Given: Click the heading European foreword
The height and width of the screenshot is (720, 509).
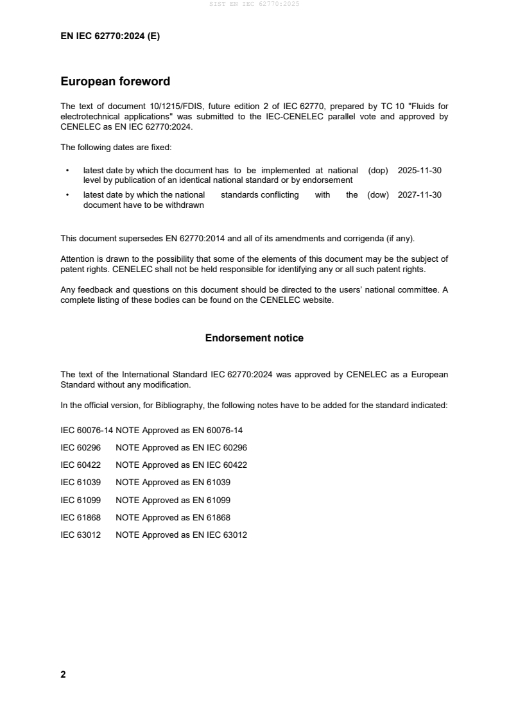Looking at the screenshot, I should [115, 81].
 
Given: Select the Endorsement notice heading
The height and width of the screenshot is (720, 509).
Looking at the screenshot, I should [254, 338].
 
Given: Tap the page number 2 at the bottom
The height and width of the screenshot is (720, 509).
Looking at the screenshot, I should [63, 674].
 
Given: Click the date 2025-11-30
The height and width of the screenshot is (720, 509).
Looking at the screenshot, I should [420, 171].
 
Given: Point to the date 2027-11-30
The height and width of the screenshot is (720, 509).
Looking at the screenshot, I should [420, 195].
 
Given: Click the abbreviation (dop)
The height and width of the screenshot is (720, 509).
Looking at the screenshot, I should [378, 171].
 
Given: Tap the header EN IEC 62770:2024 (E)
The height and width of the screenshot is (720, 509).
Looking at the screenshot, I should [110, 37].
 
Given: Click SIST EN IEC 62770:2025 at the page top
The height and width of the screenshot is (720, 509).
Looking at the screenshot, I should [254, 4].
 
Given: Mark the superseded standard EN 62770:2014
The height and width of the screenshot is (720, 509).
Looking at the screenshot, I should [193, 239].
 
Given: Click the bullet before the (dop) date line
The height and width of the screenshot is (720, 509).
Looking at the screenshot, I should [67, 171].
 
